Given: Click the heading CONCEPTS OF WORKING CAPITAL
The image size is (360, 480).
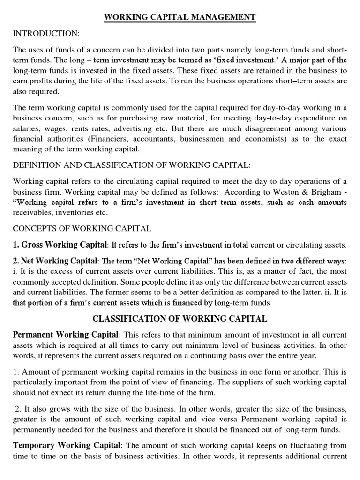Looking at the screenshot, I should (82, 228).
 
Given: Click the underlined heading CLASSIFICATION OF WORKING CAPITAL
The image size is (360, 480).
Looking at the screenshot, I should (180, 319).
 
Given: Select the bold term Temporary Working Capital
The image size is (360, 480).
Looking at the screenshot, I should (67, 444).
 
